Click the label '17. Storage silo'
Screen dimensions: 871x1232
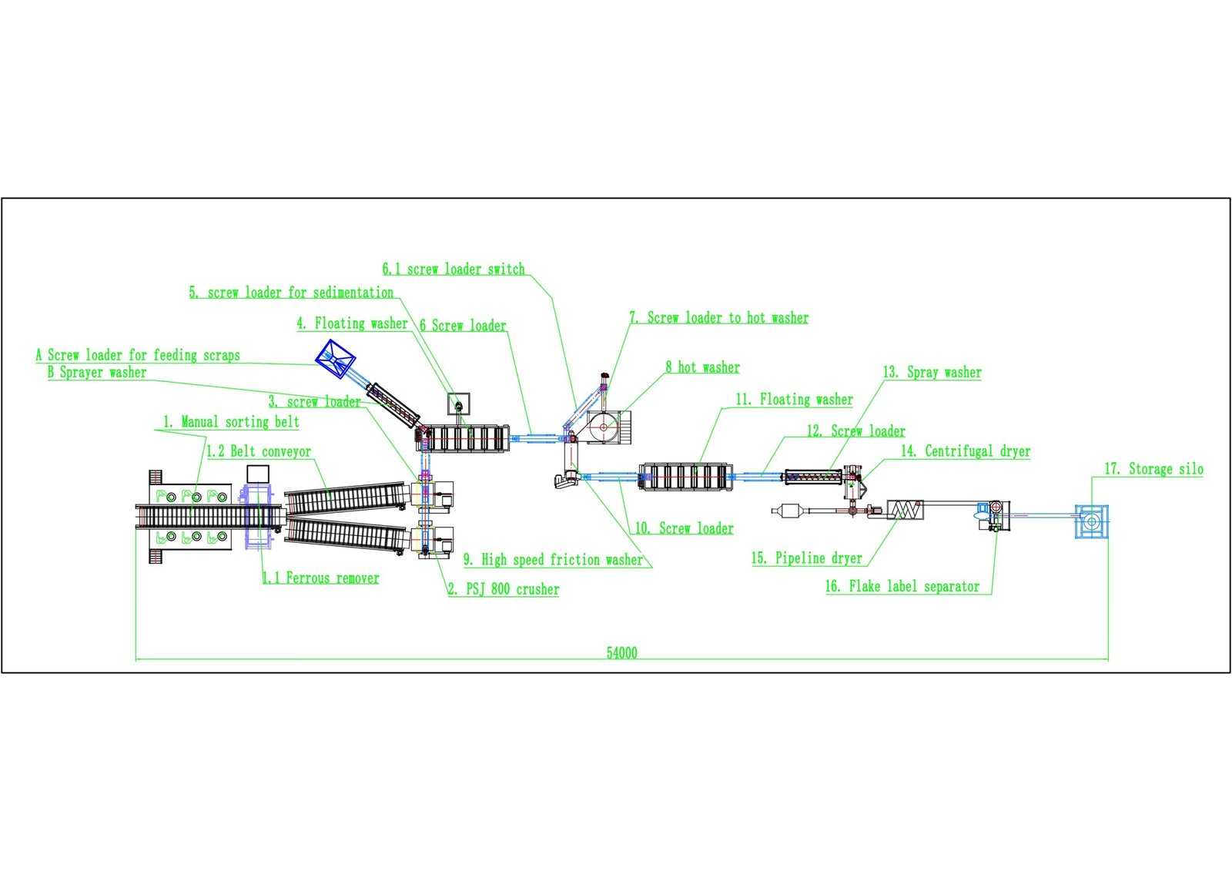click(x=1153, y=469)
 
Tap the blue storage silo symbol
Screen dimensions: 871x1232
click(x=1091, y=521)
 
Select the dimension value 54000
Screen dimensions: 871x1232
click(x=621, y=653)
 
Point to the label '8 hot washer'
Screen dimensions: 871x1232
click(x=702, y=367)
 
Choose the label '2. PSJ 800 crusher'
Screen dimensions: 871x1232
click(x=504, y=589)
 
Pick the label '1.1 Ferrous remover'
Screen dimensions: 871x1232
click(x=320, y=578)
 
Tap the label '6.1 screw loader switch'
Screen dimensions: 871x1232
click(x=454, y=269)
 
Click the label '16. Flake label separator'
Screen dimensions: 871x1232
click(x=902, y=586)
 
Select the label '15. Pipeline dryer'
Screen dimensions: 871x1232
click(x=806, y=558)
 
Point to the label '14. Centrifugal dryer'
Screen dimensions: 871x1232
click(x=966, y=451)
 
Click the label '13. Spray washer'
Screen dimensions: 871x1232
click(x=932, y=372)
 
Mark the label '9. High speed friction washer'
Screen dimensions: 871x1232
click(x=553, y=559)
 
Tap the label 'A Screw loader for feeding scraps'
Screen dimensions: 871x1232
click(x=138, y=355)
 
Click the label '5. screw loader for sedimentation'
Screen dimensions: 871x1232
click(x=291, y=292)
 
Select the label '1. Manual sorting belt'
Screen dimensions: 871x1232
click(x=231, y=421)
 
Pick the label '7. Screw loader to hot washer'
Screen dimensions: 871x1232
click(x=719, y=317)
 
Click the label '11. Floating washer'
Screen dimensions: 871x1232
click(x=794, y=399)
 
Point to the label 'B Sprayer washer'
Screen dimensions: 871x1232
click(x=96, y=372)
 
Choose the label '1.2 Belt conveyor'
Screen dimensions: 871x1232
click(x=259, y=451)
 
